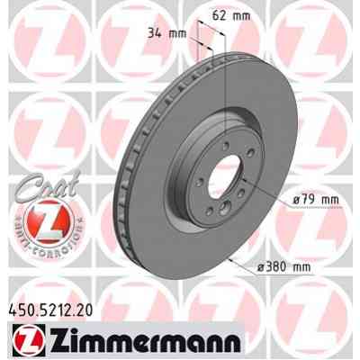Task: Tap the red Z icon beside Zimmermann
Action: pos(26,338)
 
